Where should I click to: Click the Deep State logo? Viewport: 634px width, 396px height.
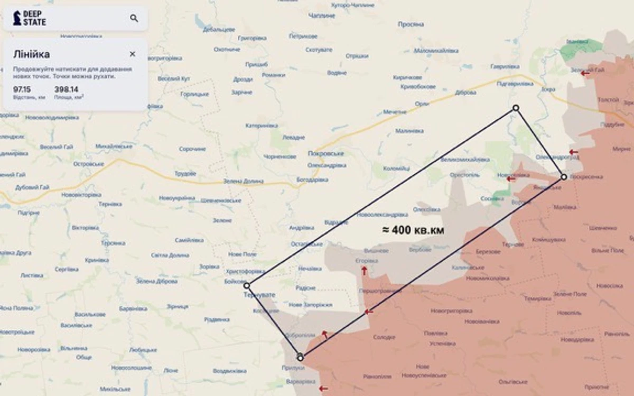coord(30,18)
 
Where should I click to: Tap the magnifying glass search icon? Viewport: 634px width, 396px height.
coord(134,18)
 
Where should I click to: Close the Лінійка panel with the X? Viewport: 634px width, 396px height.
coord(132,54)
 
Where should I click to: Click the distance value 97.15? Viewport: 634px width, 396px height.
coord(22,89)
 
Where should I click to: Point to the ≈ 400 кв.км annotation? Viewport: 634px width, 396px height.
coord(413,230)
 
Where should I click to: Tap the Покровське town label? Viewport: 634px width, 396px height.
coord(325,154)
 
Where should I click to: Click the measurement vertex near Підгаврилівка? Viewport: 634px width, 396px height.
coord(516,108)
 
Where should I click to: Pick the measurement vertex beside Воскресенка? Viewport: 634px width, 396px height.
coord(564,177)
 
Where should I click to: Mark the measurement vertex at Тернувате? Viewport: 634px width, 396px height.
coord(247,286)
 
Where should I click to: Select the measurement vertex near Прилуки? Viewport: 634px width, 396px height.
coord(300,357)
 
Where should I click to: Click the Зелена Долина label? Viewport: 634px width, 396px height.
coord(243,182)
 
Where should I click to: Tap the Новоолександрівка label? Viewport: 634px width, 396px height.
coord(382,215)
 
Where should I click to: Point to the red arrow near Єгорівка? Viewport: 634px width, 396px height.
coord(364,270)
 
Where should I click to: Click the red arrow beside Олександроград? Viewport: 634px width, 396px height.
coord(573,153)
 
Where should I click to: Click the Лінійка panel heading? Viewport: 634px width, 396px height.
coord(32,54)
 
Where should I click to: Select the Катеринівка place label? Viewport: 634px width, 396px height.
coord(262,126)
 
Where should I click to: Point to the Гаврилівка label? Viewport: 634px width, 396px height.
coord(505,67)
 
